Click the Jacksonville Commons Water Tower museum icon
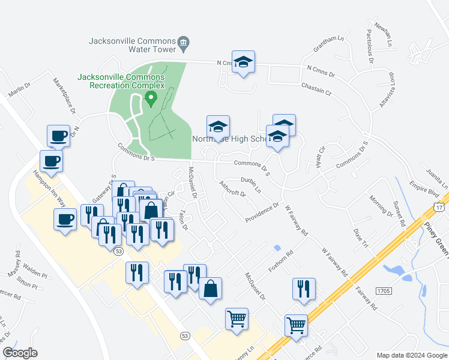click(x=184, y=42)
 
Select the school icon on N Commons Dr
click(x=243, y=62)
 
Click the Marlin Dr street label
click(x=19, y=92)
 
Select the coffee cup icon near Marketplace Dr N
click(x=58, y=136)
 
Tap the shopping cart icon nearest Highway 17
click(x=296, y=326)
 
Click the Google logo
click(x=20, y=353)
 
